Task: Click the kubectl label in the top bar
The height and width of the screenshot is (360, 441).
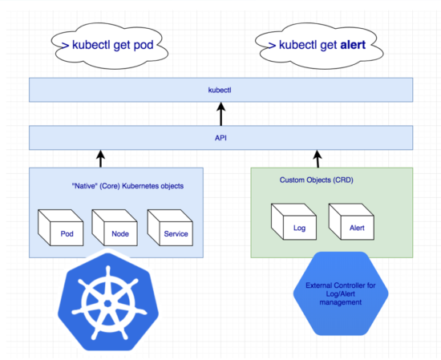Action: pos(220,90)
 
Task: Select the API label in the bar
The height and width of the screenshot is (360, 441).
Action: pos(220,137)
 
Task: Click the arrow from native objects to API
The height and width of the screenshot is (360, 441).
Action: pos(101,158)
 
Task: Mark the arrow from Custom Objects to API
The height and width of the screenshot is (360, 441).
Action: pos(316,158)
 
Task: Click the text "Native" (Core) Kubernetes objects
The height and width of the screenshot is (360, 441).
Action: pos(127,186)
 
